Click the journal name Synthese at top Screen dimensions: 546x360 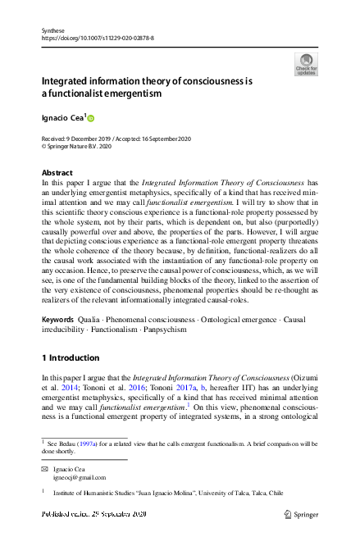click(x=52, y=29)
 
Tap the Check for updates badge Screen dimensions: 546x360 click(x=305, y=65)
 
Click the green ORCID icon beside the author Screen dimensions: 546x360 click(x=91, y=118)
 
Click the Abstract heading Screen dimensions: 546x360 click(x=57, y=173)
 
